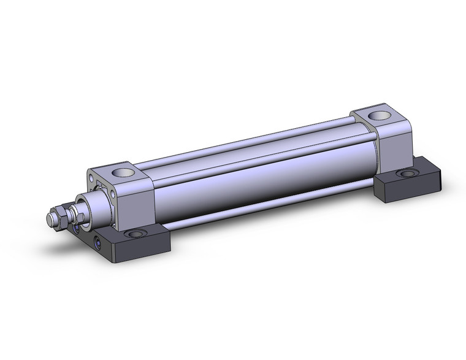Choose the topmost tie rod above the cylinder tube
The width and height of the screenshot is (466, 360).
point(245,140)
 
